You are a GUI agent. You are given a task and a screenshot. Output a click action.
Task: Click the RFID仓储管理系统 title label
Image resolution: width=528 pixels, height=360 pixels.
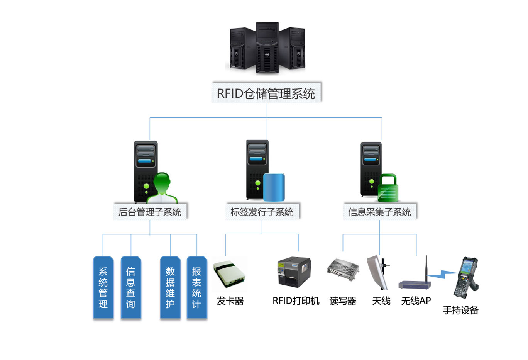click(x=266, y=93)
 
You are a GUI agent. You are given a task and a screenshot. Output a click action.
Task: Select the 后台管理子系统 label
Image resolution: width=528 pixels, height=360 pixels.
click(x=150, y=212)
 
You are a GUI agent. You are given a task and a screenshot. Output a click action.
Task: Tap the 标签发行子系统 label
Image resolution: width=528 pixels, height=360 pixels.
click(x=262, y=212)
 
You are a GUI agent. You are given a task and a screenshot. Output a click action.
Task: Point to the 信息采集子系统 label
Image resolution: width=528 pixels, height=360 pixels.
click(x=379, y=212)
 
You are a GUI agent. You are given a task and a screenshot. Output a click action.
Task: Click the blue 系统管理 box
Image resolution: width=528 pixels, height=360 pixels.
click(x=103, y=288)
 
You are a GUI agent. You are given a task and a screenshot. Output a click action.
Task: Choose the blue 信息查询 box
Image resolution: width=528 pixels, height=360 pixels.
click(x=131, y=288)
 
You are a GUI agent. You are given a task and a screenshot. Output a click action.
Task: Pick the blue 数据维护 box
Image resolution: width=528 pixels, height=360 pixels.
click(x=170, y=288)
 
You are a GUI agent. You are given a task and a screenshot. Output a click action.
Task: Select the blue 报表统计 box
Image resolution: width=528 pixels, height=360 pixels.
click(x=197, y=288)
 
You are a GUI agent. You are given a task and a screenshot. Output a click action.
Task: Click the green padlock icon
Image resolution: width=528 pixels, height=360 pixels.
click(x=388, y=188)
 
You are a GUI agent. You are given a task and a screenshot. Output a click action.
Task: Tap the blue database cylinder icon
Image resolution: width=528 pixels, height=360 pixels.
click(x=274, y=187)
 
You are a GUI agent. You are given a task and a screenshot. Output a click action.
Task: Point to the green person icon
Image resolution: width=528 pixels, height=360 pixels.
click(x=162, y=188)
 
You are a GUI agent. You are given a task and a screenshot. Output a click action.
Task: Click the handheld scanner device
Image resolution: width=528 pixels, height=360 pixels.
click(x=465, y=277)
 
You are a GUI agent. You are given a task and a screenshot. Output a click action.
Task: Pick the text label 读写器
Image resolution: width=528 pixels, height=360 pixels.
click(x=343, y=301)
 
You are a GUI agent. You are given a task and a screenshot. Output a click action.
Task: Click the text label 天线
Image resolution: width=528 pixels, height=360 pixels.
click(x=381, y=301)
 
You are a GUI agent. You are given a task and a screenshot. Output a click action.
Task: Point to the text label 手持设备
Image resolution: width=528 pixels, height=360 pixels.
click(x=460, y=310)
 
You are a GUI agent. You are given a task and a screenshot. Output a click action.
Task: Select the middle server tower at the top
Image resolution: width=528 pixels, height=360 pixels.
click(x=267, y=48)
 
